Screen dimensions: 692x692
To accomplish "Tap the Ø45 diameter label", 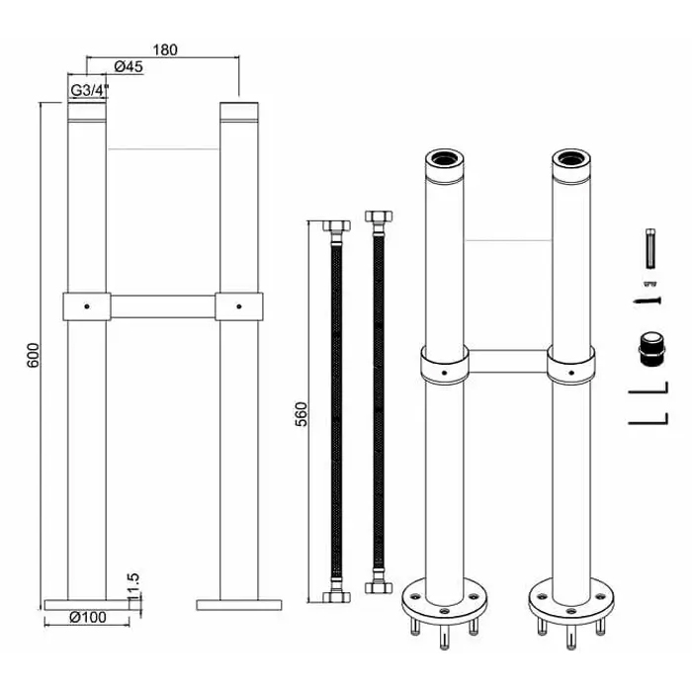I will coord(130,67).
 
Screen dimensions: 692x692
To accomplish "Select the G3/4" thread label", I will coord(89,91).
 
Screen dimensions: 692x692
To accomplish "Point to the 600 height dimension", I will coord(33,356).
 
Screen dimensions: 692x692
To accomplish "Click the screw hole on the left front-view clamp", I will coord(86,305).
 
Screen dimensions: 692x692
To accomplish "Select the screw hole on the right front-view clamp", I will coord(239,305).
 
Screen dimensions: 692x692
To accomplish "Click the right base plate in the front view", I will coord(239,603).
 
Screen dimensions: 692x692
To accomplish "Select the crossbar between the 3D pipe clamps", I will coord(506,362).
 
